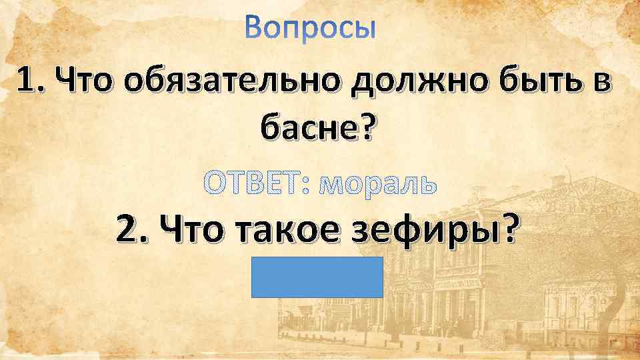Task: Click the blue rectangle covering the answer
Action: click(317, 276)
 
